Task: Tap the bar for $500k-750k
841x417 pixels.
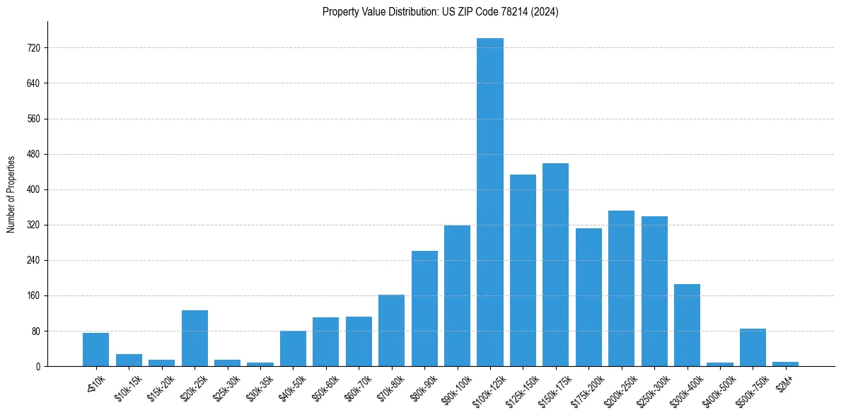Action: pos(753,347)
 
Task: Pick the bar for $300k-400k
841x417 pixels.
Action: pos(687,325)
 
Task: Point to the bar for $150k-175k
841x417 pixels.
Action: pos(555,264)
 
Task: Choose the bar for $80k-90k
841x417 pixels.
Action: pos(424,308)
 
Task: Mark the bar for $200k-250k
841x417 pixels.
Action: pos(621,288)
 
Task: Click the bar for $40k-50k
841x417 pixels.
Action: pos(293,348)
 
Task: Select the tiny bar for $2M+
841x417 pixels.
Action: pos(785,364)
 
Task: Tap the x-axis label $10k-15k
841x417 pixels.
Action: pos(127,385)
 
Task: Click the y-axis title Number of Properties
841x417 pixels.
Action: pos(11,194)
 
